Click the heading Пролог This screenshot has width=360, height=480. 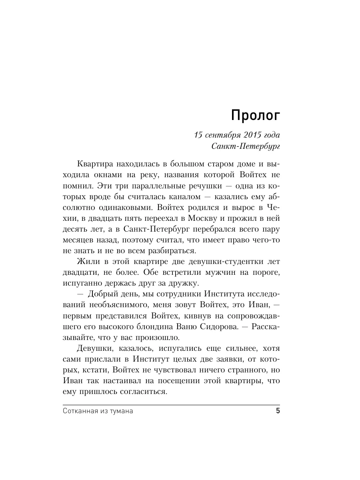click(x=255, y=116)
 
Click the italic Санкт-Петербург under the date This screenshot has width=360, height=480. click(x=245, y=146)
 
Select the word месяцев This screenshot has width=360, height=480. click(x=79, y=241)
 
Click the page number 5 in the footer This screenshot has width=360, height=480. click(x=278, y=412)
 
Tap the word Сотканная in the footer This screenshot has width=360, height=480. click(x=80, y=412)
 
